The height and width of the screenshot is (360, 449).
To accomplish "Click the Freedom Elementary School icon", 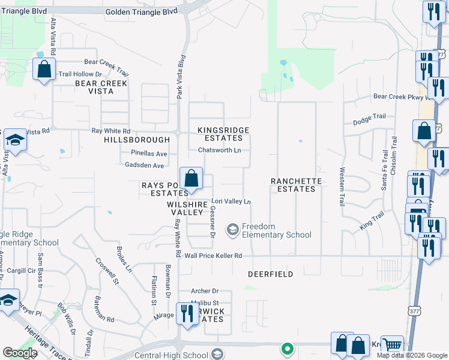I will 232,230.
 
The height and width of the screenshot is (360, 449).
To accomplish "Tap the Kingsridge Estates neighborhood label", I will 223,134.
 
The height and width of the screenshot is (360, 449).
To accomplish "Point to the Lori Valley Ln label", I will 231,202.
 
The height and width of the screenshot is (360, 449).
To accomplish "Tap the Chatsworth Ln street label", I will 220,150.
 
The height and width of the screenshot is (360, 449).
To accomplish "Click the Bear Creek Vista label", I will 101,88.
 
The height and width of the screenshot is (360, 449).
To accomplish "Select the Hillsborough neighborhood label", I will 137,139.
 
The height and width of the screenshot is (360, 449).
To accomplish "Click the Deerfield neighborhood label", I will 271,274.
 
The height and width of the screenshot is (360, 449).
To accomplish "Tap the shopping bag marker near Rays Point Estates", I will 191,178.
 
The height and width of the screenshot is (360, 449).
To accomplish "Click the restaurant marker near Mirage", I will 187,313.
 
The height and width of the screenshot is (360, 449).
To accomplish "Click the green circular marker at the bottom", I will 288,349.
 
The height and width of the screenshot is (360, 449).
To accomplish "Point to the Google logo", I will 20,353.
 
